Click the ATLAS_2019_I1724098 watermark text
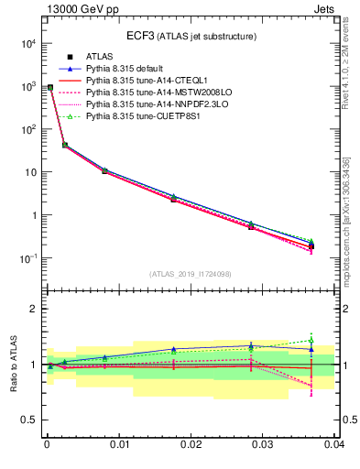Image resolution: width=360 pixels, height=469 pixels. [191, 274]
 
